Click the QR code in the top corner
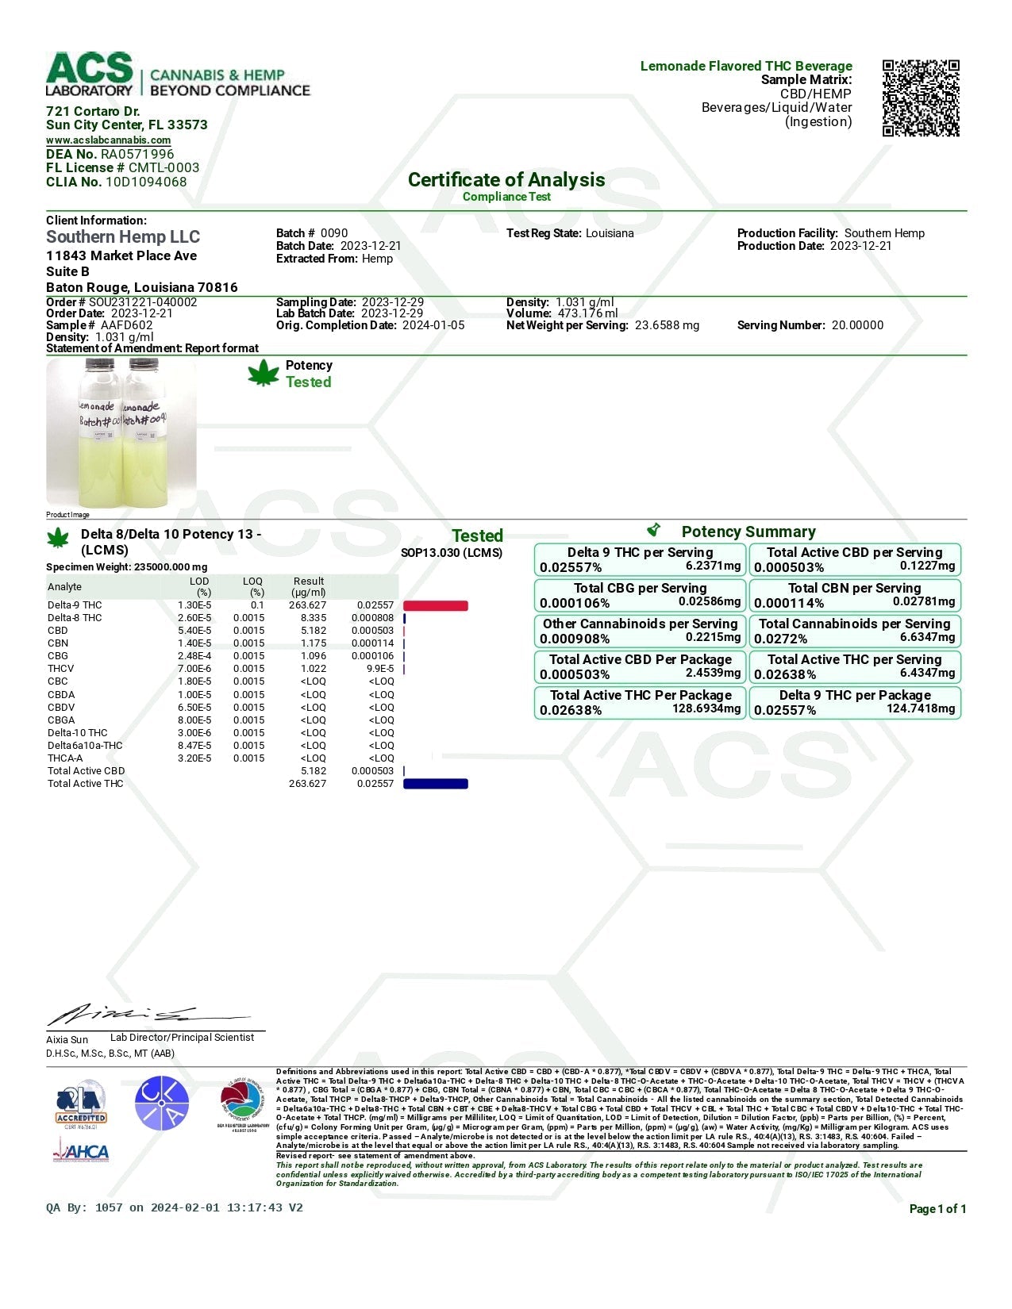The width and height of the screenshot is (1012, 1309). [x=921, y=98]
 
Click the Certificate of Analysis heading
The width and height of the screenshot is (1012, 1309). [x=506, y=180]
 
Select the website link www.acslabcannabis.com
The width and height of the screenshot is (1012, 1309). [x=108, y=140]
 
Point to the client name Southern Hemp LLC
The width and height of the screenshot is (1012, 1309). [x=123, y=236]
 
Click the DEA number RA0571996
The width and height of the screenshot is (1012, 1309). [x=137, y=154]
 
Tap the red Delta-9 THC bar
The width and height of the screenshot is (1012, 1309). [x=436, y=605]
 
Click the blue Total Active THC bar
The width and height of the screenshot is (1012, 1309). [x=436, y=784]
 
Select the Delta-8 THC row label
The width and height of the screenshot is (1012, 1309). [x=75, y=618]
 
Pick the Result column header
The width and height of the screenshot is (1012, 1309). [x=308, y=586]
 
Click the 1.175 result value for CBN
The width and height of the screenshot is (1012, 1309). [x=314, y=643]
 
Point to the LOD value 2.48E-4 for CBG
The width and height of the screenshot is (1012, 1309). [x=194, y=656]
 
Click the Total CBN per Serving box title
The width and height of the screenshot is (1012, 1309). [x=854, y=588]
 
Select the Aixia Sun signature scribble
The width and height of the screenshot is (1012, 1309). [x=143, y=1015]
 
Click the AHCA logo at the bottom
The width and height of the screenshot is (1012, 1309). [x=82, y=1150]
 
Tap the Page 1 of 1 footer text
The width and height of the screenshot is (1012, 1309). [x=937, y=1209]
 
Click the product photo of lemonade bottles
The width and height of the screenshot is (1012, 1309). [x=121, y=432]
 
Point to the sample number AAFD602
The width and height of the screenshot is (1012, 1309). [x=126, y=325]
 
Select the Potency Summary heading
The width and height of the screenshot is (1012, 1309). [x=748, y=532]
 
